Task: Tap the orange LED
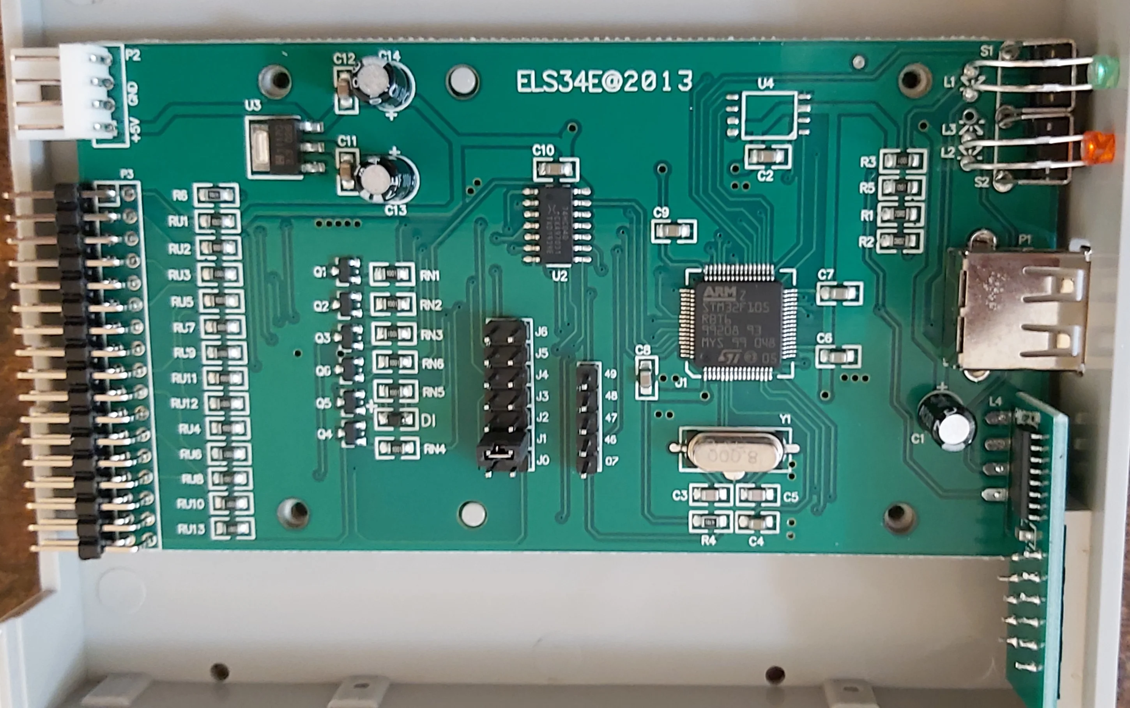(1098, 147)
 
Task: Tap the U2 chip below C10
(557, 225)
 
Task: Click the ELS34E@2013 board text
(604, 82)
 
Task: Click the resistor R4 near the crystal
(710, 521)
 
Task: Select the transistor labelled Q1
(347, 271)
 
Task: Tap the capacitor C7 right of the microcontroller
(839, 294)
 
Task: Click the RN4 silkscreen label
(434, 450)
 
